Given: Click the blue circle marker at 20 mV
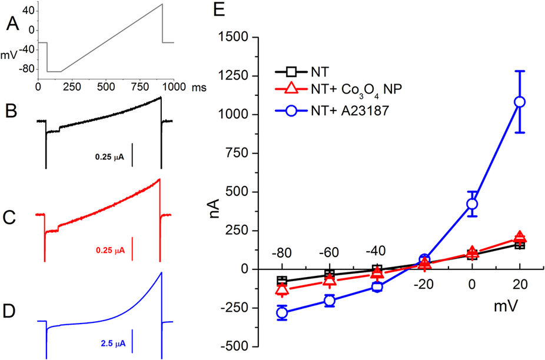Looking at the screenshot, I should [519, 102].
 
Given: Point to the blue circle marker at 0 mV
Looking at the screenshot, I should [472, 204].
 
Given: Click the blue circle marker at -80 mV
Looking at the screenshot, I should [282, 312].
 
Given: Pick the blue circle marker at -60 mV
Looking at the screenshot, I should [330, 301].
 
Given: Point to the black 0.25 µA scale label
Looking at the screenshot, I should [110, 158].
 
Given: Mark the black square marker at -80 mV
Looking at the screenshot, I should [282, 281].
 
